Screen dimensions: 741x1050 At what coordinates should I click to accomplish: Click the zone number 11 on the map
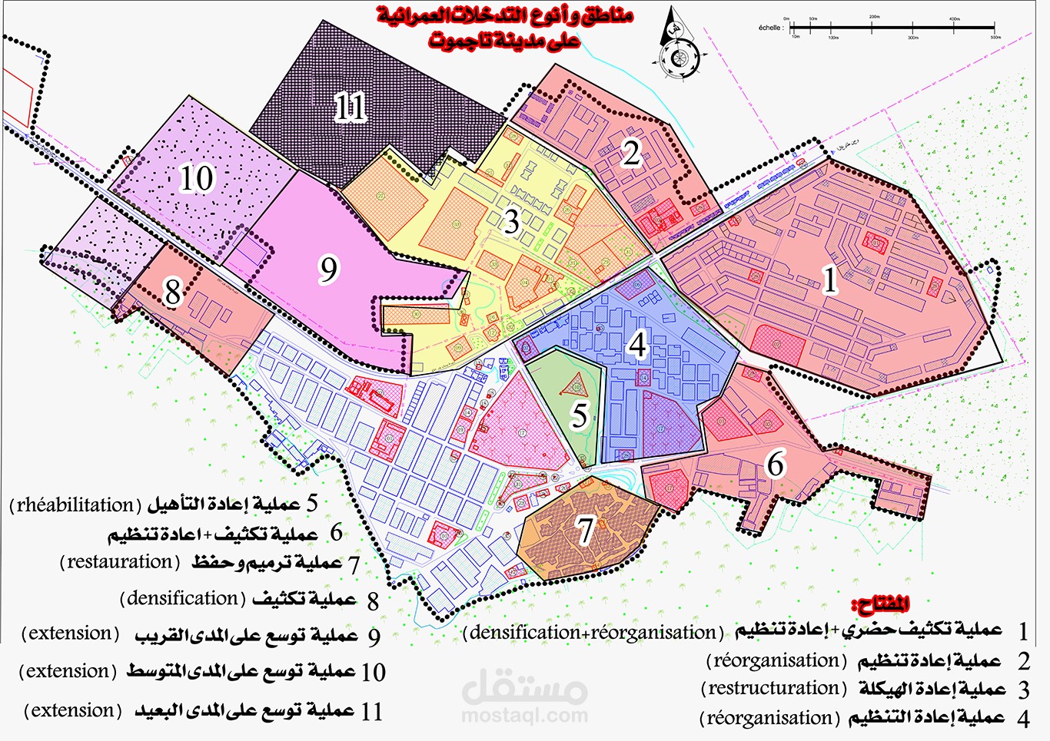tap(351, 107)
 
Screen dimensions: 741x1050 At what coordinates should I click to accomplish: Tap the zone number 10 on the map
tap(196, 179)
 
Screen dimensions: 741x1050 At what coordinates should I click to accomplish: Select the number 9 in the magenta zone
tap(329, 269)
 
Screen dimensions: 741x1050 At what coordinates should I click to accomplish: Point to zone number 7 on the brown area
tap(586, 530)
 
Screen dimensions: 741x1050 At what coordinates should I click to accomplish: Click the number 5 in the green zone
tap(580, 415)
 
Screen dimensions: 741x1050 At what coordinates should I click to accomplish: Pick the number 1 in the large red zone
tap(829, 280)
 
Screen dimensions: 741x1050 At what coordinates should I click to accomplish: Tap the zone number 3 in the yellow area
tap(511, 222)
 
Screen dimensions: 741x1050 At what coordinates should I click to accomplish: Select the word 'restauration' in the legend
tap(119, 562)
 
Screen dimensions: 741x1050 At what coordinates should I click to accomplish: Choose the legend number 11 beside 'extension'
tap(371, 712)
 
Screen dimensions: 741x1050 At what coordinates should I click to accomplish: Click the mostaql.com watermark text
tap(524, 716)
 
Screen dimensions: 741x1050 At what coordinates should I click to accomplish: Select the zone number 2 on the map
tap(631, 153)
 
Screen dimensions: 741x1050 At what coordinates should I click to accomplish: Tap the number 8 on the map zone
tap(173, 293)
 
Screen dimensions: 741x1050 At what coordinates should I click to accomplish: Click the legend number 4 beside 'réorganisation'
tap(1022, 719)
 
